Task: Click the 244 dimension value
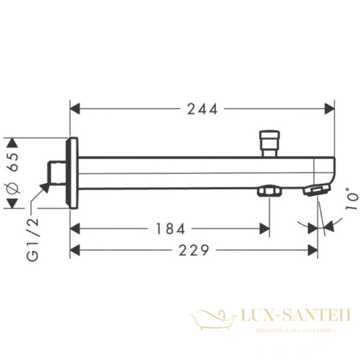coord(202,109)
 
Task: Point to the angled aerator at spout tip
coord(317,191)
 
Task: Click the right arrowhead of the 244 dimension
coord(329,109)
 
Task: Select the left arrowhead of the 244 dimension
coord(75,109)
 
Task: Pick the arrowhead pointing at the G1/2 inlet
coord(44,188)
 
